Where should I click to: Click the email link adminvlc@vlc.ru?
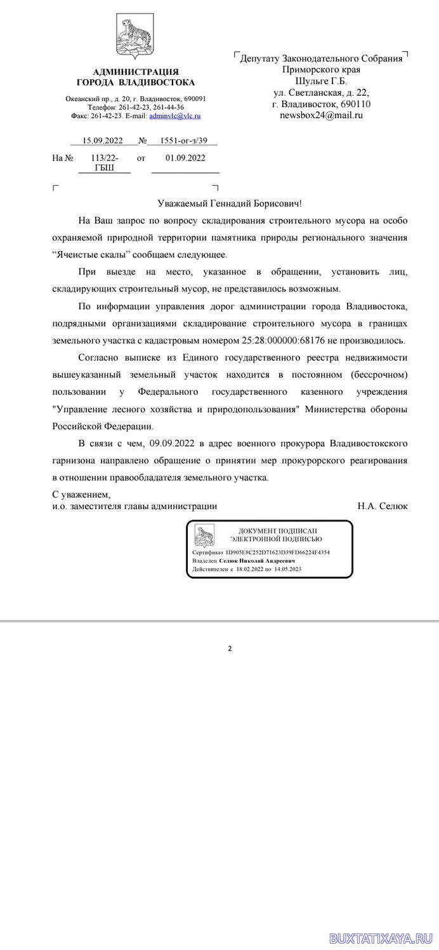(x=174, y=117)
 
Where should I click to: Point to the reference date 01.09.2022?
(x=185, y=158)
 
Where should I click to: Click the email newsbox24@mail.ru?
(x=321, y=115)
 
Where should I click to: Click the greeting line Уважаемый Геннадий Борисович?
(x=230, y=203)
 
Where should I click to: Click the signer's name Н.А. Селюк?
(x=383, y=506)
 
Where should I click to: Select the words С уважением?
(x=81, y=494)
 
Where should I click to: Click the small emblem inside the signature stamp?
(x=204, y=535)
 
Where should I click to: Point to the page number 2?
(x=230, y=648)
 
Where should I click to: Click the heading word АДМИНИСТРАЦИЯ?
(x=136, y=72)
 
